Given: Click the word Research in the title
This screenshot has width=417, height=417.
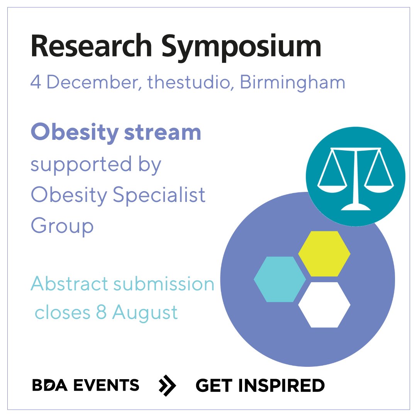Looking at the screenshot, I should pos(92,46).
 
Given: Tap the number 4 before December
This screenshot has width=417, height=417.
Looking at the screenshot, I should pos(36,83).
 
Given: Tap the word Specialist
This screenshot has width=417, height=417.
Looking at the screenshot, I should pos(159,195).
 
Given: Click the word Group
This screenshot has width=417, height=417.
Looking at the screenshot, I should pos(62,226).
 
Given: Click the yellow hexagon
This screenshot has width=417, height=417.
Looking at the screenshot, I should pos(324,254).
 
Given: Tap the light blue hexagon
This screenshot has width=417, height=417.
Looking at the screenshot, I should pos(280,279).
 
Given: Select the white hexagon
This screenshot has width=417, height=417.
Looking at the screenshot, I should pos(324,305).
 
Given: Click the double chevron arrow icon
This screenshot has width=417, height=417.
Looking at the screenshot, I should pos(168,385).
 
